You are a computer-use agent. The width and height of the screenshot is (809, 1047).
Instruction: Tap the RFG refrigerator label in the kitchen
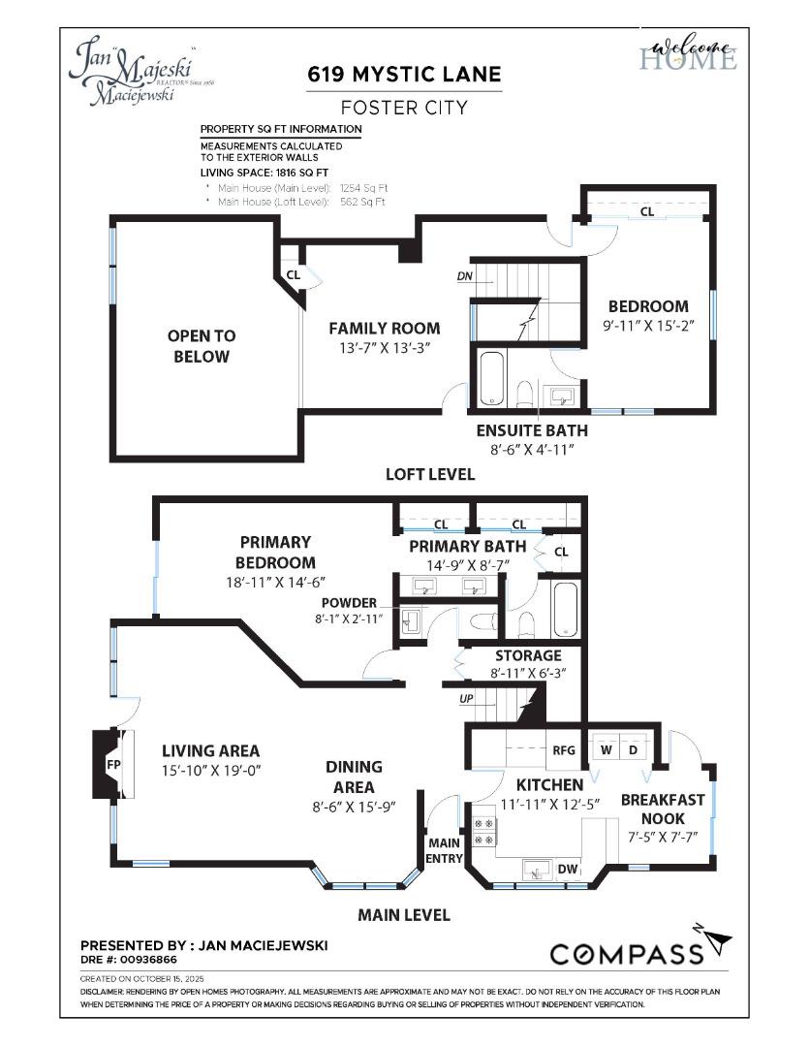(x=564, y=749)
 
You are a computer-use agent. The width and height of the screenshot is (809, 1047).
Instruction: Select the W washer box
(x=607, y=748)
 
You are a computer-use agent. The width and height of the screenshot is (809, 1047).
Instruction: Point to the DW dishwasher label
(x=568, y=870)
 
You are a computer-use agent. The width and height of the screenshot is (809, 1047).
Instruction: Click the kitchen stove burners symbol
(x=483, y=831)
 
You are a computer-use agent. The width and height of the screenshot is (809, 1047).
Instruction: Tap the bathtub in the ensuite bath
(x=490, y=378)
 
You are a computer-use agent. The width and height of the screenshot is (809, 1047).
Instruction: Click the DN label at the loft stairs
(x=464, y=276)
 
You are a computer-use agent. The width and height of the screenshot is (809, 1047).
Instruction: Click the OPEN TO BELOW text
(x=202, y=346)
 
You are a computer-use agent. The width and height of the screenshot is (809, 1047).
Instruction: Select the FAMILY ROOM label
(x=384, y=328)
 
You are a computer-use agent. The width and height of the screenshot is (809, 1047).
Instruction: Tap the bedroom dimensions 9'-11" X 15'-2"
(x=648, y=327)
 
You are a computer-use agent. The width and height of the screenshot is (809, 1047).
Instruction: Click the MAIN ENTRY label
(x=446, y=850)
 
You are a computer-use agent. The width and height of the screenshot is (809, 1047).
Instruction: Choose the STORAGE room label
(x=528, y=655)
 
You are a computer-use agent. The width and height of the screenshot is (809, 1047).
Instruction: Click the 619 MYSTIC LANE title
(x=404, y=75)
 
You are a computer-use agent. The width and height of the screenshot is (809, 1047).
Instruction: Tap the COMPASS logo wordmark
(x=626, y=954)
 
